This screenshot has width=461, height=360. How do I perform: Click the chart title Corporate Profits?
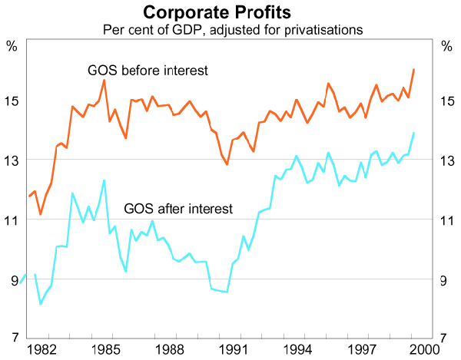click(230, 13)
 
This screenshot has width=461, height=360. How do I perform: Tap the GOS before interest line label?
click(148, 71)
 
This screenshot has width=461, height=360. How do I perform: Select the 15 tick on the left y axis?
click(12, 101)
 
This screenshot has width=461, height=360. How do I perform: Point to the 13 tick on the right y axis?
click(449, 160)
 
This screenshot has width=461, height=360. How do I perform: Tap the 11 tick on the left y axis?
click(12, 220)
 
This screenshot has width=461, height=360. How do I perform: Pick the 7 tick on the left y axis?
click(12, 339)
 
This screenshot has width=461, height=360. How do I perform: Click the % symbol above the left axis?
click(12, 45)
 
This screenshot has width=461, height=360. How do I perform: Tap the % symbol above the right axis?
click(448, 45)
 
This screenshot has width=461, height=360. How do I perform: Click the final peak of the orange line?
click(414, 70)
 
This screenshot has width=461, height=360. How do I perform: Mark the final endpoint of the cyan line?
click(414, 133)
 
